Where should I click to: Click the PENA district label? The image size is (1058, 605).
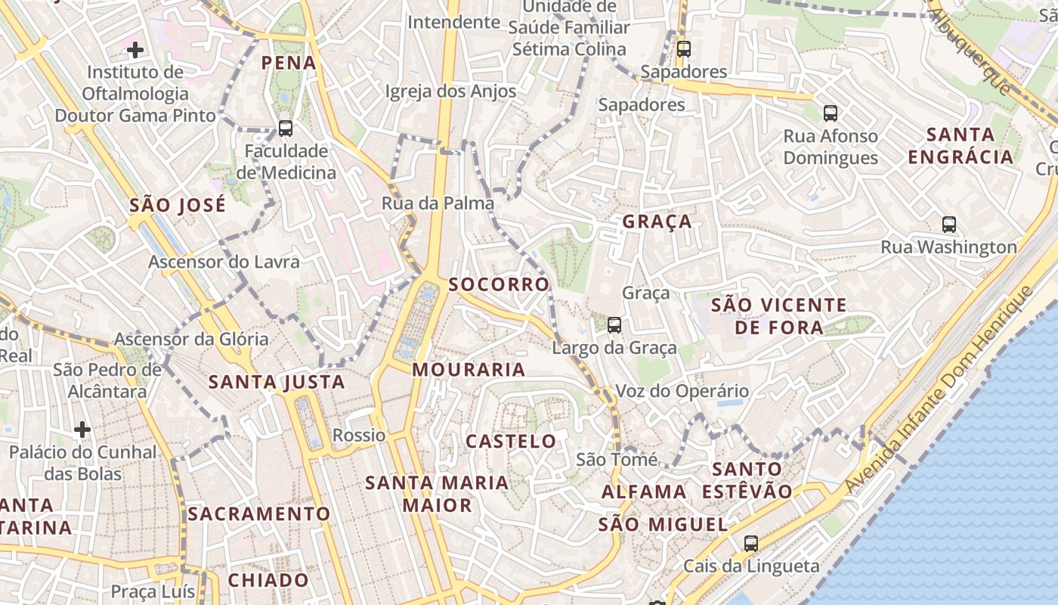[289, 62]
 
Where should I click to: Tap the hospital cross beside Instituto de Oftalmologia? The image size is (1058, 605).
[135, 50]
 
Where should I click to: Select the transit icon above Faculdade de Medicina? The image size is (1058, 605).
[285, 128]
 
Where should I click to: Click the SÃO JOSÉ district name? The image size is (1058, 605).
[178, 205]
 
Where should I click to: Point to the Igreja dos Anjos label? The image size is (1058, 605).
[450, 92]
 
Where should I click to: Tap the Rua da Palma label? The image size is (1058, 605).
[438, 203]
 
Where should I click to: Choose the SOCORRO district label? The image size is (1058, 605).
[499, 284]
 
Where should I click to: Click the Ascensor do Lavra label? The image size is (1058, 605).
[224, 262]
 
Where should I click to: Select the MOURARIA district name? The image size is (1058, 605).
[469, 369]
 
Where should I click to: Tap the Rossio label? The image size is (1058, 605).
[359, 435]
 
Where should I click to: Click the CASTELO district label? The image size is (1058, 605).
[511, 441]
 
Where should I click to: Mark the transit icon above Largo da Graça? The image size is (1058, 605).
[614, 325]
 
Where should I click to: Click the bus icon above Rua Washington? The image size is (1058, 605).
[949, 224]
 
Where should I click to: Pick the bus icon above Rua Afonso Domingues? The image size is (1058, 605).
[831, 113]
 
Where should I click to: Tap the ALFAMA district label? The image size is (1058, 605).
[644, 492]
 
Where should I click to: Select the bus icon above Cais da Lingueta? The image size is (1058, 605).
[750, 543]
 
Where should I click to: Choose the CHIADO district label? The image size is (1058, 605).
[268, 580]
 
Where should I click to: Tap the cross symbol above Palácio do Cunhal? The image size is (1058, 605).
[82, 430]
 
